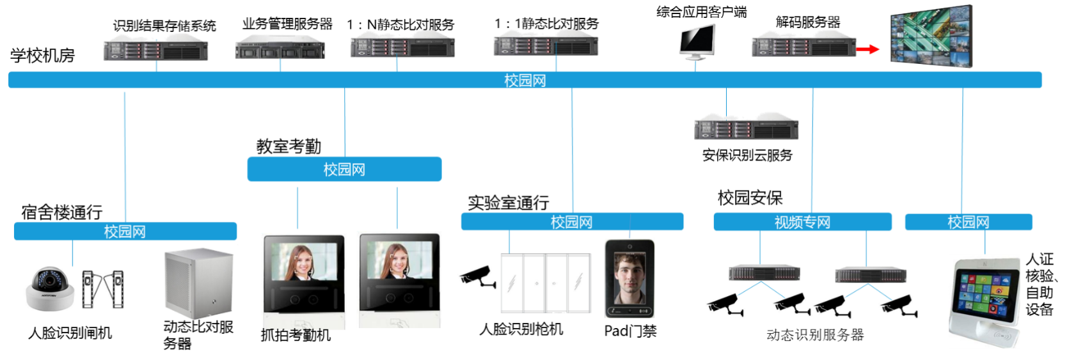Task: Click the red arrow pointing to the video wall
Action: [868, 49]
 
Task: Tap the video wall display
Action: [931, 36]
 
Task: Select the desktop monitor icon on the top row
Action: [697, 42]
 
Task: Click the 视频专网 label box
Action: [802, 222]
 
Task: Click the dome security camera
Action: [49, 288]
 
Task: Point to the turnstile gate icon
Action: [102, 290]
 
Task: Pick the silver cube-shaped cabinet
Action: [198, 283]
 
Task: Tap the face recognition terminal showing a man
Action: [629, 278]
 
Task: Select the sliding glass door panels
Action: [546, 283]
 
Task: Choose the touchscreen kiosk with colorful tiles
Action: [984, 301]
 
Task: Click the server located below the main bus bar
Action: [746, 126]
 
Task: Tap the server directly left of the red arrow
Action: [803, 45]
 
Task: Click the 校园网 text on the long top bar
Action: [525, 80]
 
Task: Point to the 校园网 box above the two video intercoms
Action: [344, 169]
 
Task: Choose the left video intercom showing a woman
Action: [303, 281]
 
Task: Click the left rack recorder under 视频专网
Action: [764, 273]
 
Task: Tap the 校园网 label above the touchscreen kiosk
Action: [968, 222]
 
